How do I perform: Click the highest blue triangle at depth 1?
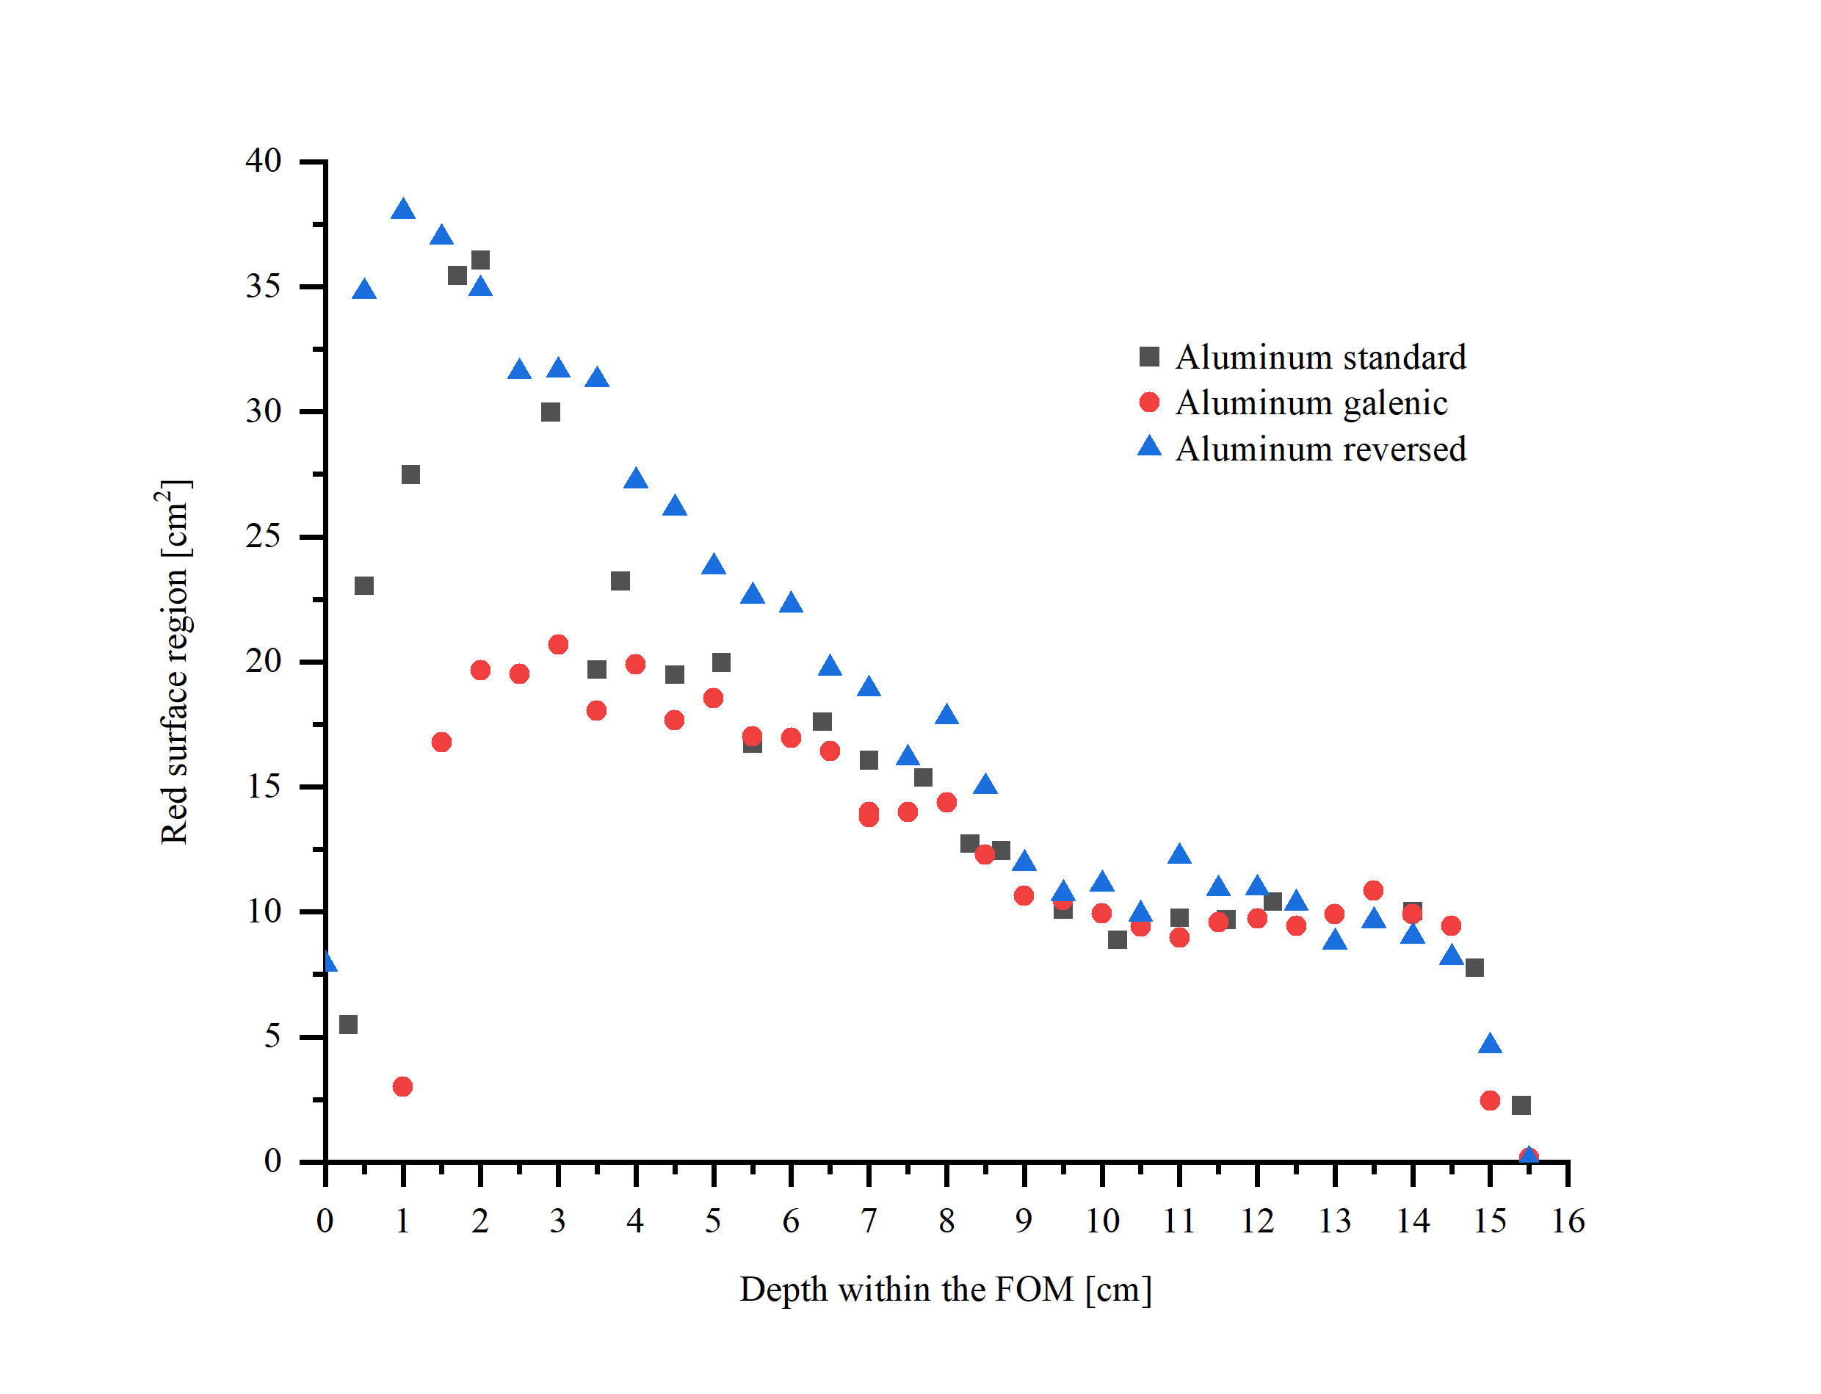[x=402, y=210]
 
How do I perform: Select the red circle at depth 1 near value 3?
[x=402, y=1086]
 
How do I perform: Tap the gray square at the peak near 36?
[x=480, y=261]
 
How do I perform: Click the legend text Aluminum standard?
[x=1320, y=358]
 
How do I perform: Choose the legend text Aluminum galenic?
[x=1311, y=403]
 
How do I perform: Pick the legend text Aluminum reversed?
[x=1320, y=449]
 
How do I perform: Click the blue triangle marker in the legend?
[x=1149, y=447]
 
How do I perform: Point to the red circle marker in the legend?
[x=1149, y=402]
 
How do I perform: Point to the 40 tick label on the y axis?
[x=263, y=160]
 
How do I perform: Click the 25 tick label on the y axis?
[x=263, y=537]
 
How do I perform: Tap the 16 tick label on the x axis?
[x=1567, y=1221]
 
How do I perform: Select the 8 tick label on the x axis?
[x=946, y=1221]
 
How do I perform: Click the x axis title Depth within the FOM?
[x=945, y=1290]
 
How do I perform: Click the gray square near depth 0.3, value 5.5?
[x=349, y=1025]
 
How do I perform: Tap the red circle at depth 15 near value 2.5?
[x=1490, y=1100]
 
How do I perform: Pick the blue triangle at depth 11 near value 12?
[x=1179, y=855]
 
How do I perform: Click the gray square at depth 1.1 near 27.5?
[x=410, y=474]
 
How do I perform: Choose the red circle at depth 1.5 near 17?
[x=441, y=742]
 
